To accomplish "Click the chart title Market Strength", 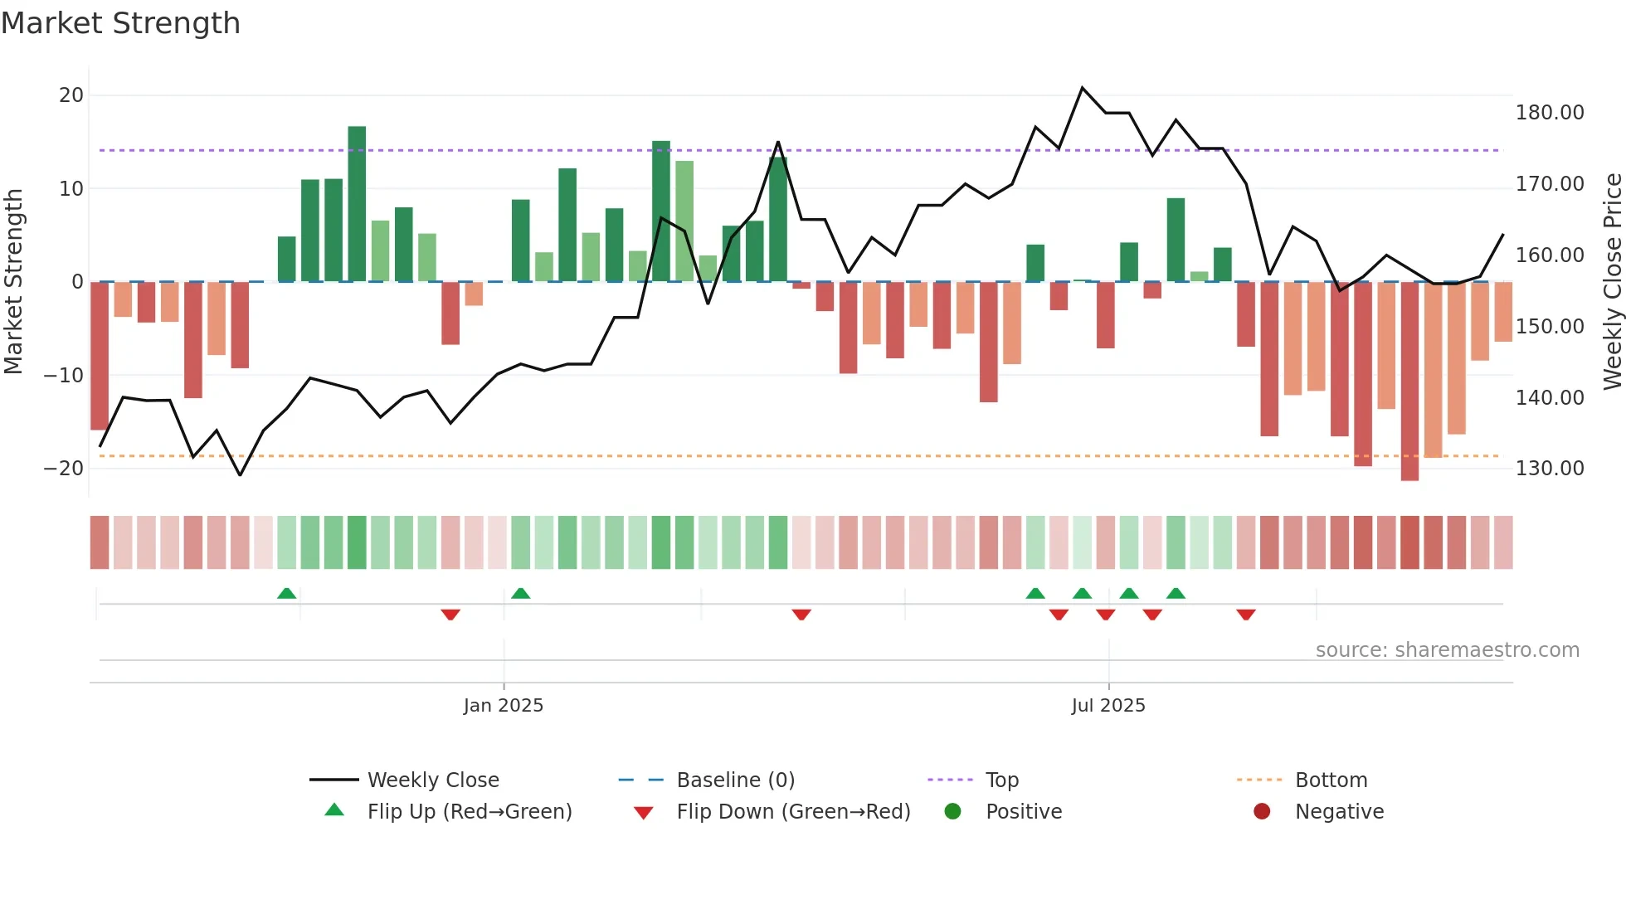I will click(121, 23).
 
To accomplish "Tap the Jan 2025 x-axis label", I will click(503, 705).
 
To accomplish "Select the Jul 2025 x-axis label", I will click(1108, 705).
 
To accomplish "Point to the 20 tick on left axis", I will click(71, 95).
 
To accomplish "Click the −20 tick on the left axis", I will click(64, 469).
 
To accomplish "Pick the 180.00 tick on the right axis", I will click(1549, 113).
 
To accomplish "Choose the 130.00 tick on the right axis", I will click(1549, 469).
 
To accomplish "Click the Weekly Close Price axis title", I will click(1612, 282).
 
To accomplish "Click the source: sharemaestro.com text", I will click(1447, 650).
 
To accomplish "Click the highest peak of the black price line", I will click(1082, 88).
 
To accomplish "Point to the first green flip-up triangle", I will click(286, 593).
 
